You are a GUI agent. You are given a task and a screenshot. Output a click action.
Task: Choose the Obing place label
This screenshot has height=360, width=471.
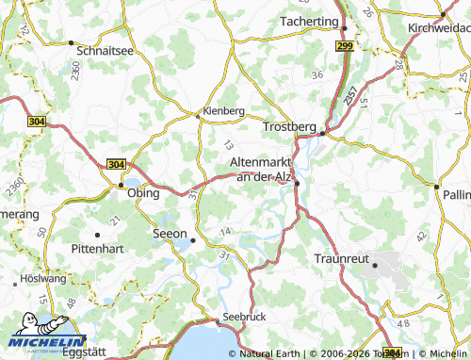click(142, 191)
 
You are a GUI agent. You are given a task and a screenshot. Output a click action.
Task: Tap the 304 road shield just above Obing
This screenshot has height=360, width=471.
click(117, 164)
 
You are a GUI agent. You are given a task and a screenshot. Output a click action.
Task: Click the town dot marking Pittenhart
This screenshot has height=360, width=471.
click(97, 234)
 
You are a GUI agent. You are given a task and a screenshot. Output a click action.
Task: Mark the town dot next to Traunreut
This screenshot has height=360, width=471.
click(375, 266)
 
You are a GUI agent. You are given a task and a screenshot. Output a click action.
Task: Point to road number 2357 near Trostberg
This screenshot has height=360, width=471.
click(350, 94)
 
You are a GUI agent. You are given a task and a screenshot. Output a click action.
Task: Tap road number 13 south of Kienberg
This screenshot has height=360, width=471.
click(229, 145)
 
